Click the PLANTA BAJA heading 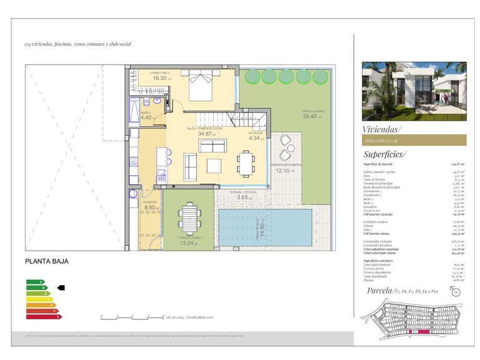pos(47,262)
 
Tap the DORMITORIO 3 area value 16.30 pos(160,79)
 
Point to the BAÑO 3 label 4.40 pos(146,117)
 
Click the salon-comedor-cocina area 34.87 pos(206,134)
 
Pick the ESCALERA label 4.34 pos(256,138)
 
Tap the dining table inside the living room pos(246,164)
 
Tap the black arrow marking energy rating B pos(61,288)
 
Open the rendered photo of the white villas pos(414,91)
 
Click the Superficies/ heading pos(384,154)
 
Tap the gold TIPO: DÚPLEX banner pos(414,141)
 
